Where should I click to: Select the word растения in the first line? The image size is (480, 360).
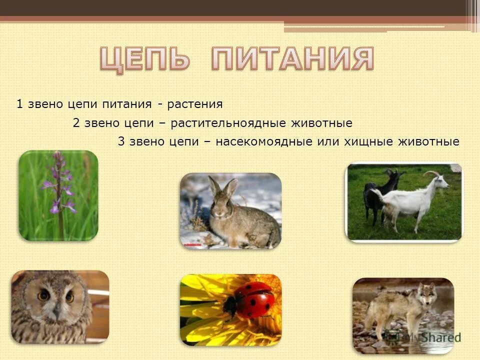click(x=195, y=104)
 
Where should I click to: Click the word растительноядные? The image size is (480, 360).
click(x=228, y=123)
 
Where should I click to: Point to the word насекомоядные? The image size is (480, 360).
click(x=265, y=142)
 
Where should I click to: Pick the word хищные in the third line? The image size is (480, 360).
click(x=368, y=142)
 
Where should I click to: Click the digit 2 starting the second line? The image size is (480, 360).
click(x=76, y=123)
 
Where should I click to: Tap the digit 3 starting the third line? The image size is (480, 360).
click(x=121, y=142)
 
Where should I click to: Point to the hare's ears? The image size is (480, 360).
click(x=223, y=187)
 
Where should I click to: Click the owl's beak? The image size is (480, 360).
click(x=56, y=310)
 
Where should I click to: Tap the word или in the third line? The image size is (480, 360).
click(x=327, y=142)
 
